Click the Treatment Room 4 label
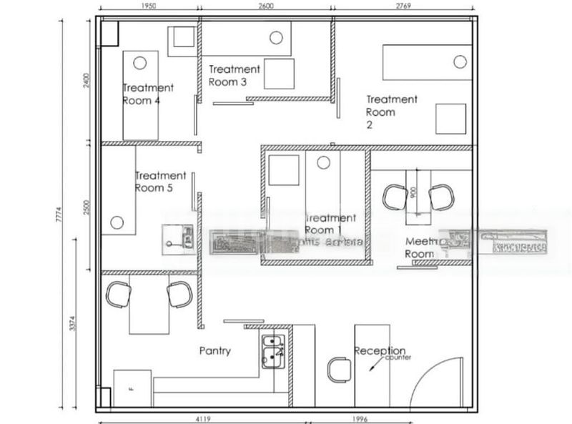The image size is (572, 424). coord(148,94)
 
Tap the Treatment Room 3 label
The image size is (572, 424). coord(234,75)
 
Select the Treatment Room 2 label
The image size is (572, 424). coord(391,112)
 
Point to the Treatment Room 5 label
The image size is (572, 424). coord(160,182)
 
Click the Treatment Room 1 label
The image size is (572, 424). coord(330,224)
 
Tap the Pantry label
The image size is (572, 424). coord(214,351)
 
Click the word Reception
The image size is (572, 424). coord(380,351)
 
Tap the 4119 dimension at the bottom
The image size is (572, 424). coord(202,419)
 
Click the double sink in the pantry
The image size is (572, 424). coord(272,351)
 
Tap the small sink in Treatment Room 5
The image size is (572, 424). coord(178,237)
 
